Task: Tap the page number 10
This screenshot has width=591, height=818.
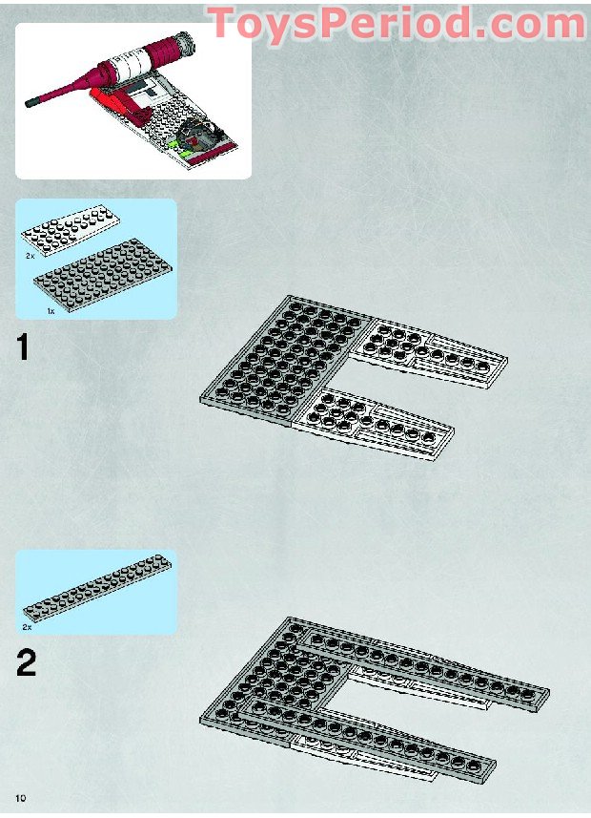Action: click(x=20, y=796)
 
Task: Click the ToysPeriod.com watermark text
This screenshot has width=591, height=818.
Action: click(x=396, y=21)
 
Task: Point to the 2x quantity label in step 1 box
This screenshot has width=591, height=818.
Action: click(x=31, y=257)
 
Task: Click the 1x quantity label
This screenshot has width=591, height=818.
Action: click(x=50, y=310)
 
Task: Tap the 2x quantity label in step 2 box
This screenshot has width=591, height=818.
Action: click(x=28, y=627)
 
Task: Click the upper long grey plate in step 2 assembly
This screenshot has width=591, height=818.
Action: click(x=429, y=668)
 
